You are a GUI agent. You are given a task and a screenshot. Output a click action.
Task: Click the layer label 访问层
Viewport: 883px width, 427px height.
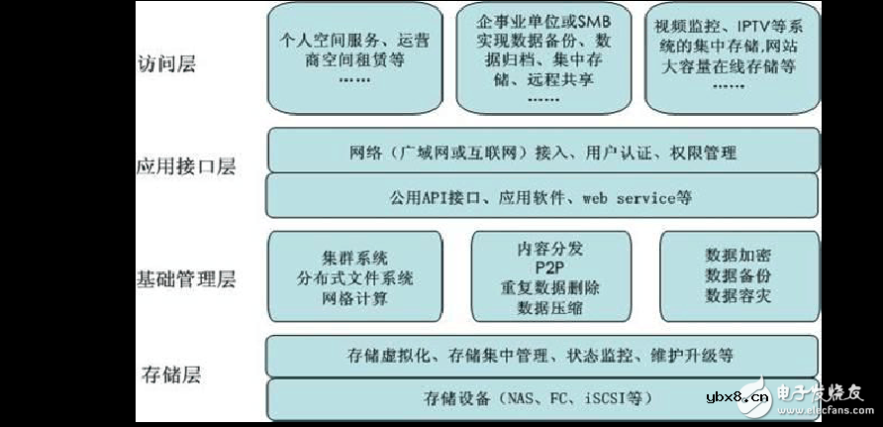[166, 65]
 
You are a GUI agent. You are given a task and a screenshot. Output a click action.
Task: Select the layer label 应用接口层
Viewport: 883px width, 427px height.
[185, 166]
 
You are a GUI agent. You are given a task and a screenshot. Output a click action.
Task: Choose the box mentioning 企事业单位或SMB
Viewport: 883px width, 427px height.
[543, 56]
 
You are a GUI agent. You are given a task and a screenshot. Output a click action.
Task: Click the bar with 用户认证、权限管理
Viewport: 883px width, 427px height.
[543, 153]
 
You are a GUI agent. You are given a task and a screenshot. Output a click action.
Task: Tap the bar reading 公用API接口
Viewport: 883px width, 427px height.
[543, 198]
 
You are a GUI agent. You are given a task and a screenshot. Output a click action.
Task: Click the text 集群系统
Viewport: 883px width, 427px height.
[354, 257]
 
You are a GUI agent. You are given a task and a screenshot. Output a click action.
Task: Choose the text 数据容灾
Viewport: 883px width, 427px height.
[737, 295]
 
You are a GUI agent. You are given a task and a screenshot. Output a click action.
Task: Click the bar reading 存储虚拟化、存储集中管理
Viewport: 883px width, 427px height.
[543, 355]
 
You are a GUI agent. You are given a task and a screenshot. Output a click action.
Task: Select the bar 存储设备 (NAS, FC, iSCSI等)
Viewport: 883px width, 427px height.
[543, 399]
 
